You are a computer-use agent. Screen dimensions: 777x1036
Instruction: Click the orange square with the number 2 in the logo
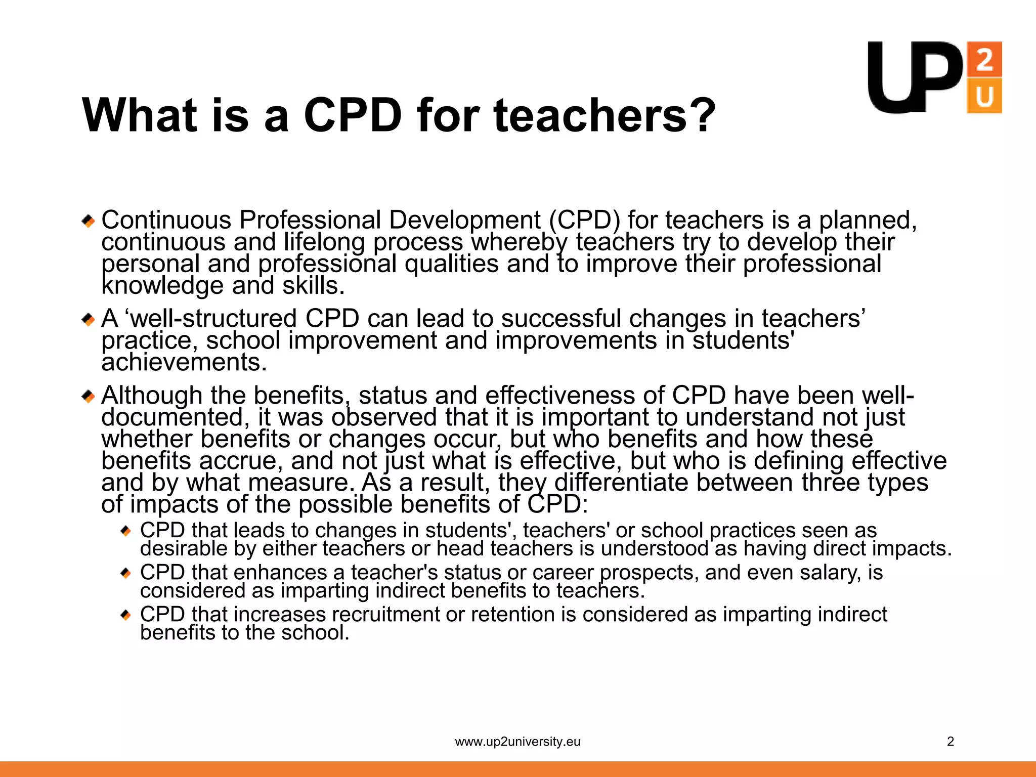pyautogui.click(x=984, y=59)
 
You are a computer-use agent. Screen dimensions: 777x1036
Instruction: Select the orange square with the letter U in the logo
pyautogui.click(x=984, y=96)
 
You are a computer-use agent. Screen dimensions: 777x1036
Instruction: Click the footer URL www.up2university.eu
pyautogui.click(x=517, y=742)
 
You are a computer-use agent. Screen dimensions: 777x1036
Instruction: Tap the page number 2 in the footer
pyautogui.click(x=951, y=742)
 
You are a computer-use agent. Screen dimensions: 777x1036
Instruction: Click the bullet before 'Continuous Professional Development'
pyautogui.click(x=89, y=221)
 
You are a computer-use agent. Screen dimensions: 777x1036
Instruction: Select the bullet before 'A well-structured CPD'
pyautogui.click(x=89, y=320)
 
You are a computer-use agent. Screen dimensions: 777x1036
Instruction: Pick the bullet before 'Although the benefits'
pyautogui.click(x=89, y=397)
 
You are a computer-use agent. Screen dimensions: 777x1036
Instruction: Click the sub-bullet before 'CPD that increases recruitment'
pyautogui.click(x=126, y=615)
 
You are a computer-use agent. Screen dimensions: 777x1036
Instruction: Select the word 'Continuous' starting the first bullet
pyautogui.click(x=166, y=220)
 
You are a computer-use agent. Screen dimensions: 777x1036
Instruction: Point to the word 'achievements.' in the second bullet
pyautogui.click(x=184, y=362)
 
